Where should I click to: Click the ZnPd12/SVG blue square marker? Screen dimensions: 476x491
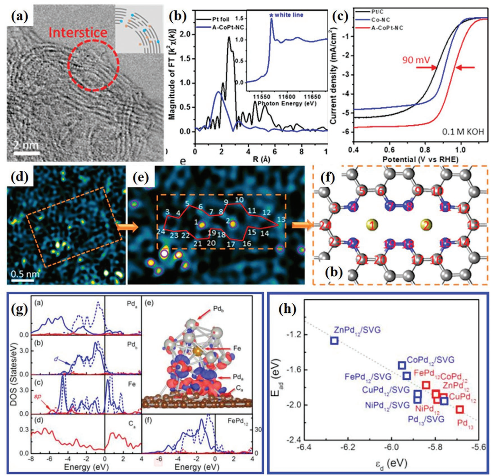[x=334, y=340]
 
